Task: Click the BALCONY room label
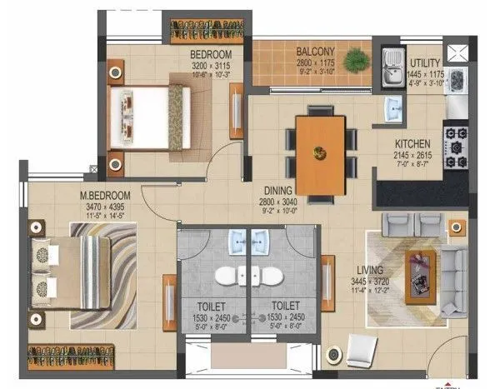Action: [316, 51]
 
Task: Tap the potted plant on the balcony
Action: [357, 59]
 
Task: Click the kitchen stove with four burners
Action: [455, 147]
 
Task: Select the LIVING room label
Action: [369, 271]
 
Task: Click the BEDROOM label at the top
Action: [211, 54]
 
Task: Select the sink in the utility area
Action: [392, 67]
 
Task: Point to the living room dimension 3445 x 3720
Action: [369, 282]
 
